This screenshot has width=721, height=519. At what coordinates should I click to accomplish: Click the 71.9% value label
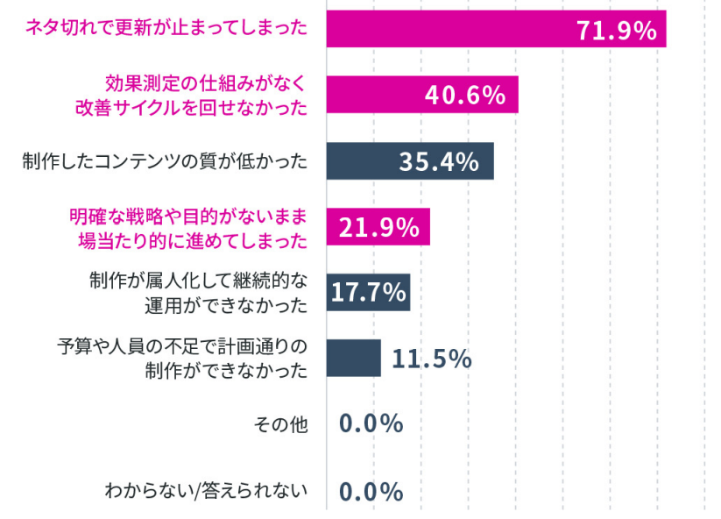pyautogui.click(x=617, y=31)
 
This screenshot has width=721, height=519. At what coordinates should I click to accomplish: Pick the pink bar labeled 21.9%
pyautogui.click(x=378, y=227)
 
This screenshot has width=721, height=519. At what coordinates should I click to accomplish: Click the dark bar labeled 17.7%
pyautogui.click(x=368, y=292)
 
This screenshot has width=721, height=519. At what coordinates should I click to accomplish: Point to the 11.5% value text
pyautogui.click(x=431, y=359)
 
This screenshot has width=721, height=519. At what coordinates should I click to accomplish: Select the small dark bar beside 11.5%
pyautogui.click(x=354, y=359)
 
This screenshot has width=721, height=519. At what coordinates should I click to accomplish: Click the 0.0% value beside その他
pyautogui.click(x=371, y=424)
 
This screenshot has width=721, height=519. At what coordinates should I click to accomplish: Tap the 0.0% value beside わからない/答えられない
pyautogui.click(x=371, y=491)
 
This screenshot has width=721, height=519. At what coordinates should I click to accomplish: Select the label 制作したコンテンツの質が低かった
pyautogui.click(x=166, y=161)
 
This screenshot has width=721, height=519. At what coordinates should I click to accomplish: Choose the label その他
pyautogui.click(x=281, y=424)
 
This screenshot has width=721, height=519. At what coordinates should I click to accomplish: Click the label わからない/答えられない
pyautogui.click(x=207, y=490)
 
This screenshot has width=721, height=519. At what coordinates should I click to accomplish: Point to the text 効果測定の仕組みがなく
pyautogui.click(x=206, y=83)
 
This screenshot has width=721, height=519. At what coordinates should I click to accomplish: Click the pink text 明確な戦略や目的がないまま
pyautogui.click(x=189, y=215)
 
